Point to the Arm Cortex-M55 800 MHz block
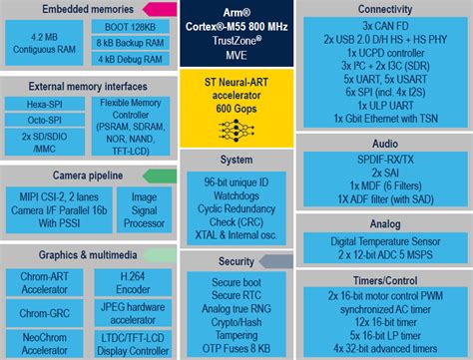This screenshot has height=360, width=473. (x=236, y=28)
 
